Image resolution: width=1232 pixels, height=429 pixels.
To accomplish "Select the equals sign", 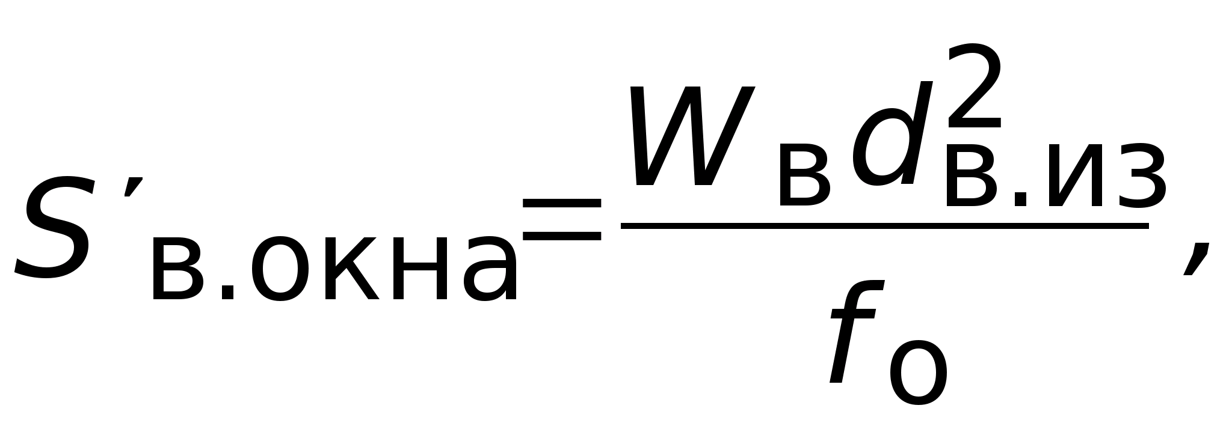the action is [x=562, y=219].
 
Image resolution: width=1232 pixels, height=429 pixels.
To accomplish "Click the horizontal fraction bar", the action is [x=884, y=226].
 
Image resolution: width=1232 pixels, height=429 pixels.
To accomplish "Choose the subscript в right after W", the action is [x=804, y=176].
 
